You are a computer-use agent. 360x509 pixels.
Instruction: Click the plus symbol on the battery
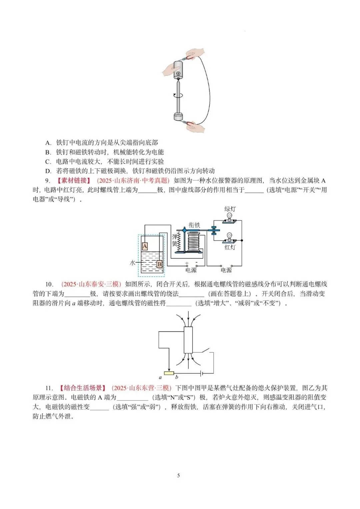(x=178, y=74)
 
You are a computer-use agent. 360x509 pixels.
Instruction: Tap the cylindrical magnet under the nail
(x=178, y=117)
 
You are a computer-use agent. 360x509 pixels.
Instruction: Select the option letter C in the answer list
(x=48, y=162)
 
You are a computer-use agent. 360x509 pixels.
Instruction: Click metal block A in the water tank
(x=145, y=246)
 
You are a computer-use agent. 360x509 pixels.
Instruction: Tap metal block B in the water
(x=159, y=264)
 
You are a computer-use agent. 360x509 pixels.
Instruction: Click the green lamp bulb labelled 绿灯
(x=230, y=217)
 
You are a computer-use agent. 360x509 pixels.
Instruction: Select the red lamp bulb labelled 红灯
(x=230, y=238)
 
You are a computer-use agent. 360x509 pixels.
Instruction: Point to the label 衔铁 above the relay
(x=194, y=225)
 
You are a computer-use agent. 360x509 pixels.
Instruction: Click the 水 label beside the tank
(x=132, y=263)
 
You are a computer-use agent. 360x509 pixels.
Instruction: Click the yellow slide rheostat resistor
(x=169, y=373)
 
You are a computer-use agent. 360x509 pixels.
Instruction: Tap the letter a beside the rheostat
(x=160, y=378)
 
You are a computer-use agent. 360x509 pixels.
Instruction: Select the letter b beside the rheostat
(x=177, y=377)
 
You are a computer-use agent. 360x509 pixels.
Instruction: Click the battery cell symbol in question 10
(x=201, y=373)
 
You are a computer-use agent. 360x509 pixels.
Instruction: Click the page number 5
(x=179, y=475)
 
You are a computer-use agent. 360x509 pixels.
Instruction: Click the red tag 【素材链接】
(x=74, y=181)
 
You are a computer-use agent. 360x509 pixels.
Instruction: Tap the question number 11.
(x=49, y=388)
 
